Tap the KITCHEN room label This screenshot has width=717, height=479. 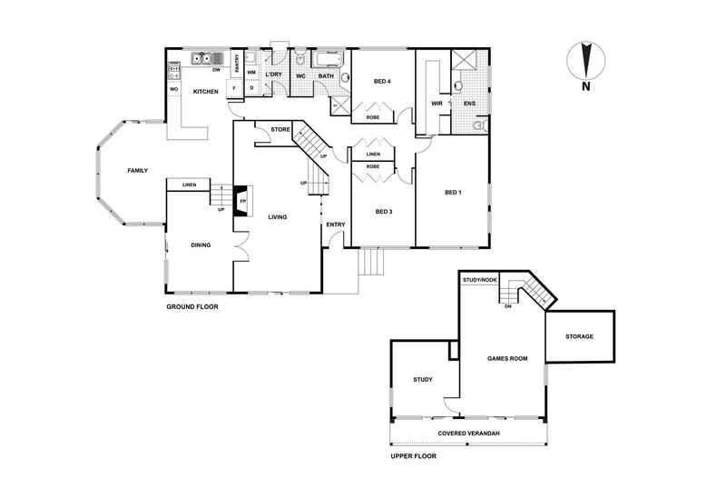205,92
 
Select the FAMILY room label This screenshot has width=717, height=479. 137,171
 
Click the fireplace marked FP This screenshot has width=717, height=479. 243,201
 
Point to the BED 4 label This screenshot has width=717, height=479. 382,83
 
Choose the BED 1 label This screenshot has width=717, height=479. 454,192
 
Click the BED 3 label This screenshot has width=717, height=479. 383,212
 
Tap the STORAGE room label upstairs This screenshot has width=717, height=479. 579,336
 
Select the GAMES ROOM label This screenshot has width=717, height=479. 506,358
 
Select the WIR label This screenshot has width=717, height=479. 436,105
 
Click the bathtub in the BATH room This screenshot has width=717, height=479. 328,61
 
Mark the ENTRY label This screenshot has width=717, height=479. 336,225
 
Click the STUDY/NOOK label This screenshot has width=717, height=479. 477,280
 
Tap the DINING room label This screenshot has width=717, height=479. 201,244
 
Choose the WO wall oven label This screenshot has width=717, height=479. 172,90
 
